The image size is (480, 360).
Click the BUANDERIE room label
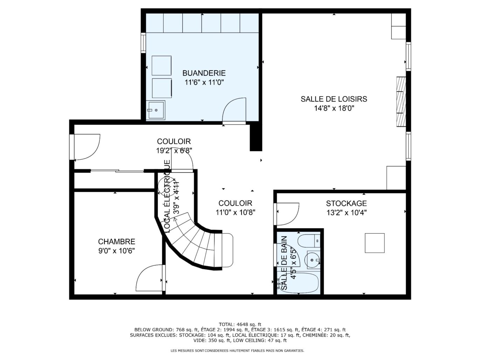(x=204, y=73)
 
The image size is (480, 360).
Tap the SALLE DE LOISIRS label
(x=334, y=99)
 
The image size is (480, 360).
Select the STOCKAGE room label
(x=346, y=203)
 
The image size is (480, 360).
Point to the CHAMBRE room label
(x=116, y=242)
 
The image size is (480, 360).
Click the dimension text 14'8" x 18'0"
(x=334, y=109)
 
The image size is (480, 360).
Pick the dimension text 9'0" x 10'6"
(x=116, y=251)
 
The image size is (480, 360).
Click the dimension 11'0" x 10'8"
(x=235, y=212)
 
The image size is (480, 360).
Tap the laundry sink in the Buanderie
(x=156, y=110)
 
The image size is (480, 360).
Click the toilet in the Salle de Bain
(x=308, y=240)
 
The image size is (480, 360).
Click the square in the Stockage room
(x=375, y=243)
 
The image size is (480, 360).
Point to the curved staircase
(x=200, y=245)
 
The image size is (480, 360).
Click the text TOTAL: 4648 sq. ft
(x=240, y=324)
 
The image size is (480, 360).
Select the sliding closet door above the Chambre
(x=117, y=171)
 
